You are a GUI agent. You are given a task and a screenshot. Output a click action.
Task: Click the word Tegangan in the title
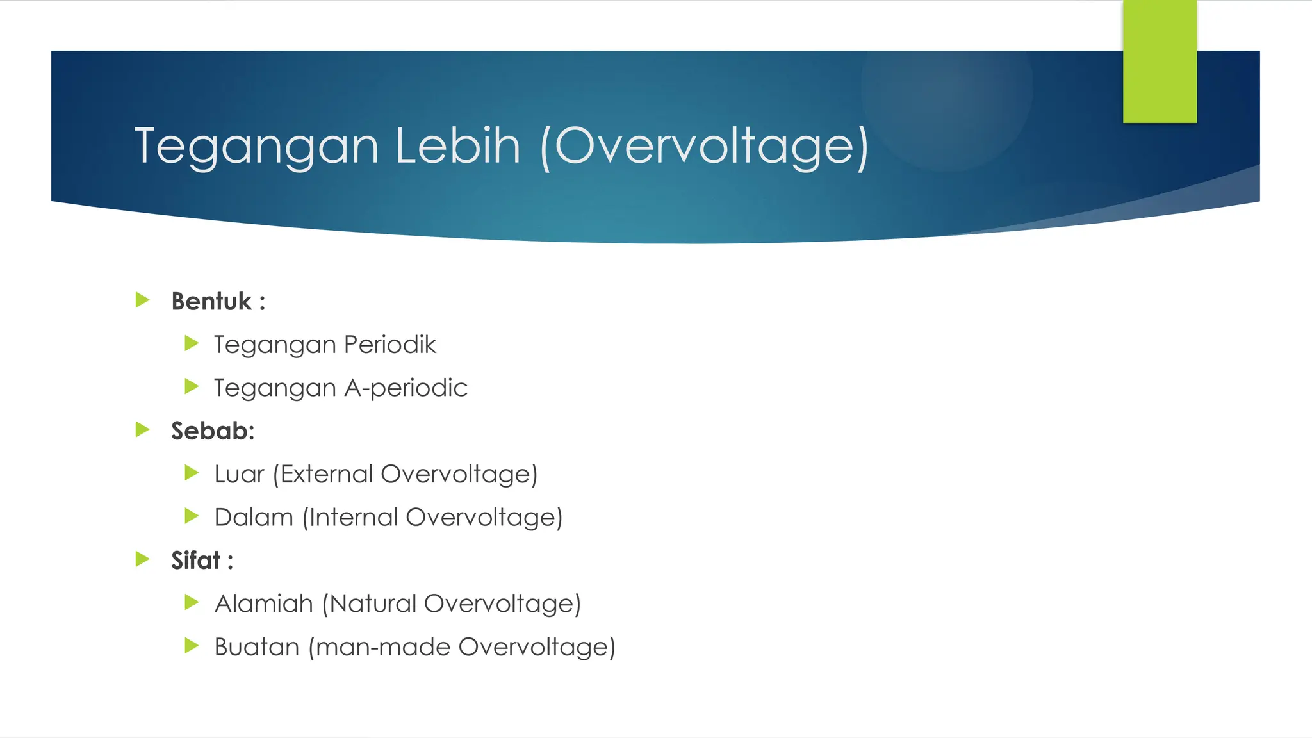pos(257,147)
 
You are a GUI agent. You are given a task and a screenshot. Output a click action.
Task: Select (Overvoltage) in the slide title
pos(705,147)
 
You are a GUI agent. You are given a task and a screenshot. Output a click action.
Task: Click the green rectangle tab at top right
pos(1160,61)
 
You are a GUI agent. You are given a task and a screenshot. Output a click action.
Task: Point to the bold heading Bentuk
pos(211,301)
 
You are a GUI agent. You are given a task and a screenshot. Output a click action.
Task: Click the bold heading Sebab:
pos(213,431)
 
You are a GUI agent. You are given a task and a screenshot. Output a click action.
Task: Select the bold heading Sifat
pos(195,561)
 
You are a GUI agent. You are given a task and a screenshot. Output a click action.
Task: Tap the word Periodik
pos(389,345)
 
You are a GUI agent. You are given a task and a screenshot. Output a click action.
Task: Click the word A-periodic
pos(406,388)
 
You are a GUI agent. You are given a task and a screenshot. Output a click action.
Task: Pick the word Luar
pos(239,475)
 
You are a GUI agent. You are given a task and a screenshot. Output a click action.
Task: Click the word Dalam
pos(254,518)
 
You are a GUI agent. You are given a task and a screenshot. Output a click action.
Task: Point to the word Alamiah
pos(263,604)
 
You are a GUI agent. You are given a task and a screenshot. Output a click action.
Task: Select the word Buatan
pos(257,647)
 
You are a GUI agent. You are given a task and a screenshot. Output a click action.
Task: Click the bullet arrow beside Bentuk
pos(143,300)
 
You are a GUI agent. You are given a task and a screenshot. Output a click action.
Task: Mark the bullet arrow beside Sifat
pos(143,559)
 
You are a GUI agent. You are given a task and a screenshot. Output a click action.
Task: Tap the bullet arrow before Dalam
pos(192,516)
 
